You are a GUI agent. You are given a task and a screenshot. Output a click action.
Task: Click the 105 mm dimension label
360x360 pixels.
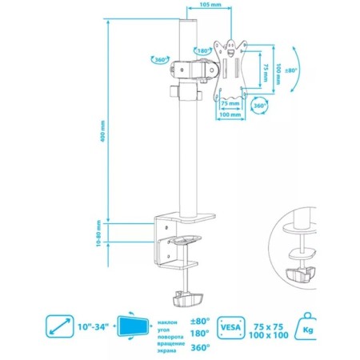(x=210, y=4)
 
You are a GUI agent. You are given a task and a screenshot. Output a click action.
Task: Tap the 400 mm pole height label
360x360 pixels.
(x=103, y=131)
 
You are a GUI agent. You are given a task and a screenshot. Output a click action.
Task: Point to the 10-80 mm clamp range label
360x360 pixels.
(x=98, y=233)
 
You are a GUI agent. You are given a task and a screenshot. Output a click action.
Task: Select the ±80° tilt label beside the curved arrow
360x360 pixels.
(x=290, y=70)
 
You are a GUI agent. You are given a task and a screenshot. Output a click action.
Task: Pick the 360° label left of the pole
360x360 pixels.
(x=161, y=60)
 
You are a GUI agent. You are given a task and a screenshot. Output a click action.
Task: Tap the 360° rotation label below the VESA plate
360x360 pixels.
(x=259, y=106)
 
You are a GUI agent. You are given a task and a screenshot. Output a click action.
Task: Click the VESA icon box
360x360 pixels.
(x=230, y=327)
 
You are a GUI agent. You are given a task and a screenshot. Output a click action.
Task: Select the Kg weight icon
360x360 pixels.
(x=306, y=327)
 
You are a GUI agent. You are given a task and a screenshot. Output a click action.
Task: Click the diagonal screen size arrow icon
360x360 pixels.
(x=60, y=326)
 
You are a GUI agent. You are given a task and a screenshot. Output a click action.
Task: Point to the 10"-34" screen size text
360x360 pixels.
(x=94, y=326)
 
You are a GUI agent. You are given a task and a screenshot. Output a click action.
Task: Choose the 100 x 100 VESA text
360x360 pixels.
(x=269, y=335)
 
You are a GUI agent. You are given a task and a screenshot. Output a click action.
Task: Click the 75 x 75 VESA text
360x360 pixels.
(x=269, y=326)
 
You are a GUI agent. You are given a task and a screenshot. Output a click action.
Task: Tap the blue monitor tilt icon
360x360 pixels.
(x=133, y=326)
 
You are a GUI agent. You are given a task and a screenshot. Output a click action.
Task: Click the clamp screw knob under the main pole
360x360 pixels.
(x=188, y=298)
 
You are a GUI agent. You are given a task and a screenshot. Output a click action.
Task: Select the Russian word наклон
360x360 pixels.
(x=167, y=322)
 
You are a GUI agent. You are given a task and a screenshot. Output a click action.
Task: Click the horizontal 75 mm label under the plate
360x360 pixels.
(x=230, y=103)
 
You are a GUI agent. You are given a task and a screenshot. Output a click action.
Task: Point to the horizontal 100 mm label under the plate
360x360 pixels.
(x=230, y=114)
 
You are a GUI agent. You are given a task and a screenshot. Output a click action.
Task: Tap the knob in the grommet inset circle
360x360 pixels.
(x=301, y=274)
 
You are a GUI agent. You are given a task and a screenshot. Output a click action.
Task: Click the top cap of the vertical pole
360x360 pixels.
(x=188, y=22)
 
